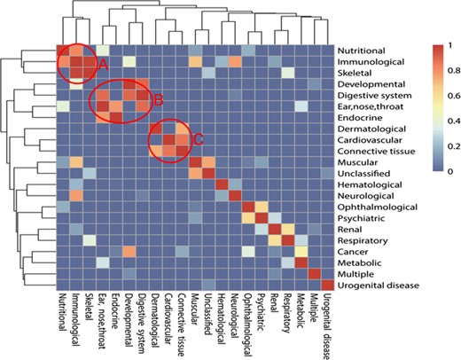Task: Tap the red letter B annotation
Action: (160, 100)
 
